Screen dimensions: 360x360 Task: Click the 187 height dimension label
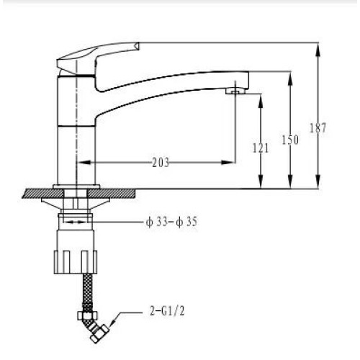(318, 127)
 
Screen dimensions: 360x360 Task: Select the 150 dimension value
(290, 140)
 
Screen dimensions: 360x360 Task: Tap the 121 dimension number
(261, 148)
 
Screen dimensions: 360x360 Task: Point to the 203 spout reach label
(161, 163)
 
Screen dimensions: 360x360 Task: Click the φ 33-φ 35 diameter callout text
(171, 222)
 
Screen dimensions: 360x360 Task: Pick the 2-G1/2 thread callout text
(167, 311)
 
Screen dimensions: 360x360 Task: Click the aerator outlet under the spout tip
(235, 91)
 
